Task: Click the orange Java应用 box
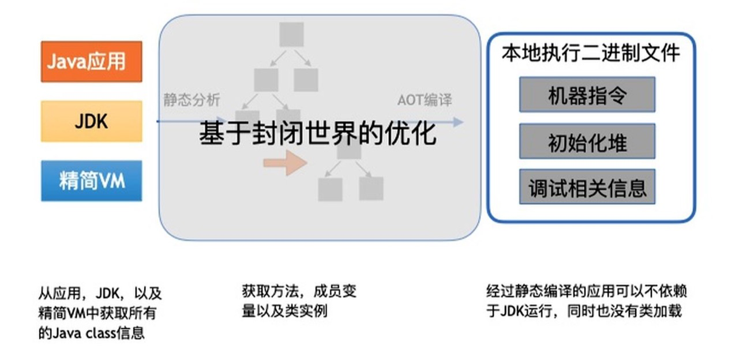tap(91, 61)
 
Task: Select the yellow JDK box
tap(91, 121)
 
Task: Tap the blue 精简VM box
tap(91, 181)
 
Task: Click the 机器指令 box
tap(587, 95)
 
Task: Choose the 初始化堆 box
tap(587, 141)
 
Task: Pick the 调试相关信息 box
tap(587, 187)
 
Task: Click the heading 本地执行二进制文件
tap(590, 54)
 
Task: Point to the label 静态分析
tap(191, 100)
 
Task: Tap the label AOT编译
tap(424, 100)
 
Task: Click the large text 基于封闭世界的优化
tap(317, 134)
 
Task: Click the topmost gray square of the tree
tap(291, 34)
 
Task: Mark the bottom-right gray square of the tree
tap(371, 189)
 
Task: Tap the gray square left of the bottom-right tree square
tap(330, 189)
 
